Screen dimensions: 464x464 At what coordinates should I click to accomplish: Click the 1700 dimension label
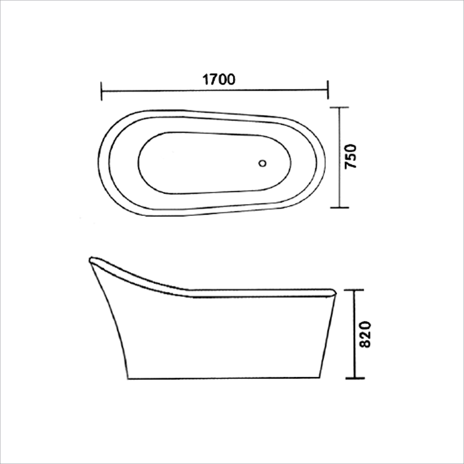point(219,79)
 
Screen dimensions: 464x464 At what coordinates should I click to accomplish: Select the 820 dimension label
point(364,334)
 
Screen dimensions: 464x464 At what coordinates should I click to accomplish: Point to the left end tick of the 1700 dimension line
point(102,91)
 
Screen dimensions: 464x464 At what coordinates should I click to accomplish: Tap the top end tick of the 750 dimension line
point(338,108)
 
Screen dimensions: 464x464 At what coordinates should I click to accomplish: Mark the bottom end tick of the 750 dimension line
point(338,207)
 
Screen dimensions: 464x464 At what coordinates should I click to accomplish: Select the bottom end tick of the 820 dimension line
point(354,378)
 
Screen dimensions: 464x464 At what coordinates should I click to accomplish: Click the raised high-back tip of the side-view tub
point(91,260)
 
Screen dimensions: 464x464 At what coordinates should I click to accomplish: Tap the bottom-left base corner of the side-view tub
point(128,378)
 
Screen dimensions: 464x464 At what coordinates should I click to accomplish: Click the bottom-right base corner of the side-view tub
point(320,378)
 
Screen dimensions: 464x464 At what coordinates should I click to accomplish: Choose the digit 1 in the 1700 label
point(206,79)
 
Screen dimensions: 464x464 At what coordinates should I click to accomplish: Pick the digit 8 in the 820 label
point(364,343)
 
